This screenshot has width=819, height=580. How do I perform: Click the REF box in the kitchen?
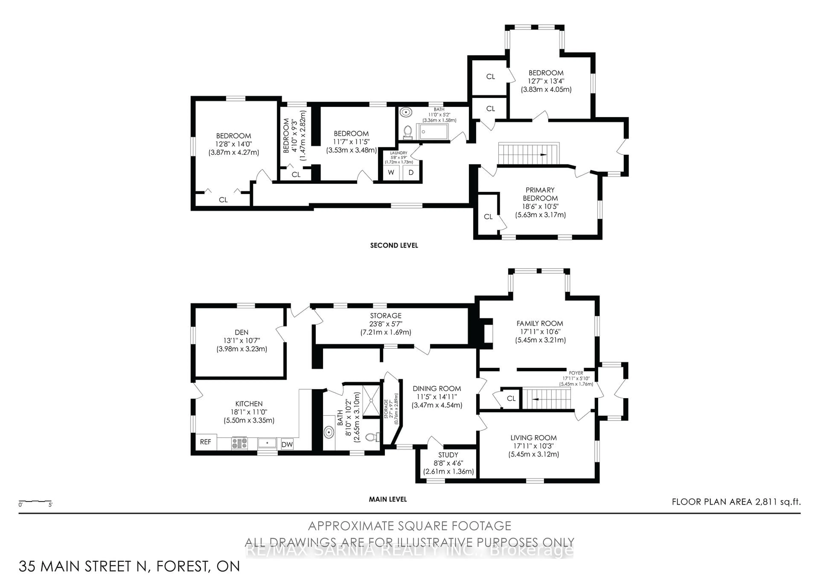coord(205,442)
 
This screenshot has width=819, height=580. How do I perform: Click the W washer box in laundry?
coord(391,173)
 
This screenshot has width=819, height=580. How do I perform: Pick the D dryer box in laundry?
coord(411,173)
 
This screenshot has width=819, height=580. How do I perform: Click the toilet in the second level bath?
coord(407,132)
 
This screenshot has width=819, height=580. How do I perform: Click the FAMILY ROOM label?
coord(540,323)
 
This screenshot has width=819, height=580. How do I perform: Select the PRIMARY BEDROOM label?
coord(540,194)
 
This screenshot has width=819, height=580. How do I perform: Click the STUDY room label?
coord(448,455)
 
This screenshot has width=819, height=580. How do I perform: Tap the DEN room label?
coord(241,332)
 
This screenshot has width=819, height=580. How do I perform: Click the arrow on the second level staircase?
coord(543,155)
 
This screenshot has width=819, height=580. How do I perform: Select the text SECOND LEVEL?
coord(394,245)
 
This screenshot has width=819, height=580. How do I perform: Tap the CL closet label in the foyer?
coord(511,398)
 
